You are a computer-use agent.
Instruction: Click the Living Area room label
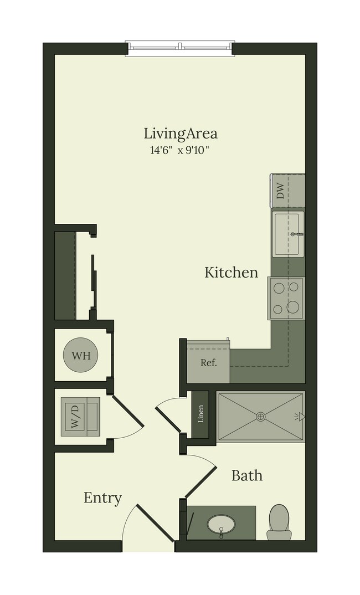click(x=180, y=134)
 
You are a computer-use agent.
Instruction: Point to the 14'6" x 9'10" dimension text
click(x=180, y=151)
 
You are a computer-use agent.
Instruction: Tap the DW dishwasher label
click(x=280, y=191)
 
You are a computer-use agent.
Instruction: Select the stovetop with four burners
click(x=286, y=298)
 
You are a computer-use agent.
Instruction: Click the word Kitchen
click(x=232, y=272)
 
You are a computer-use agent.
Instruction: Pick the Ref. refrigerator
click(x=208, y=362)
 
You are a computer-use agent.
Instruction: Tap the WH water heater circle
click(x=80, y=355)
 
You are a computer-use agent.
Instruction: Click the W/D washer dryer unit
click(x=80, y=417)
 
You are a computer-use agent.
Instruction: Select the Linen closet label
click(x=200, y=414)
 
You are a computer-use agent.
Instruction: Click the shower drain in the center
click(x=261, y=417)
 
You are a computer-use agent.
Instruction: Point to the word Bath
click(x=247, y=475)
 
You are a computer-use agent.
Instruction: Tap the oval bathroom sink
click(x=221, y=525)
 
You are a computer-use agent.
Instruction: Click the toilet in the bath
click(x=279, y=522)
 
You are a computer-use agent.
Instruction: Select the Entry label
click(x=103, y=497)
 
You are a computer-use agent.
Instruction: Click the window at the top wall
click(x=180, y=48)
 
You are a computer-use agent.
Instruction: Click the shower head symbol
click(x=300, y=417)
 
